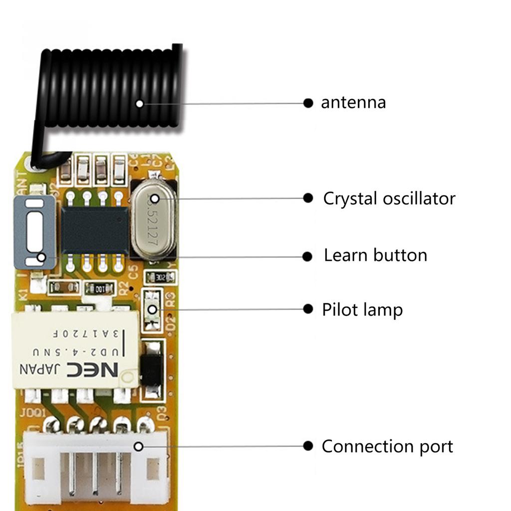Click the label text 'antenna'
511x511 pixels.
353,103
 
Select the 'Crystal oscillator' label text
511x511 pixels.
389,199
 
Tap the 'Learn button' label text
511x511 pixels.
375,255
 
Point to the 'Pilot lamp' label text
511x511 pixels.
362,310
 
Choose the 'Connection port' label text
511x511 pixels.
387,446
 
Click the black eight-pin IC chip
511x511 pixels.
94,230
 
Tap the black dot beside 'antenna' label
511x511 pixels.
308,103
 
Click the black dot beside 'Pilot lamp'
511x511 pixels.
308,309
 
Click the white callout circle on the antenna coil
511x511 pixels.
140,104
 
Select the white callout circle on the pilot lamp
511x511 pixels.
152,310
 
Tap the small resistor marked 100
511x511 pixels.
100,288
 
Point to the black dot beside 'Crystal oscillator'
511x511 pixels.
308,198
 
